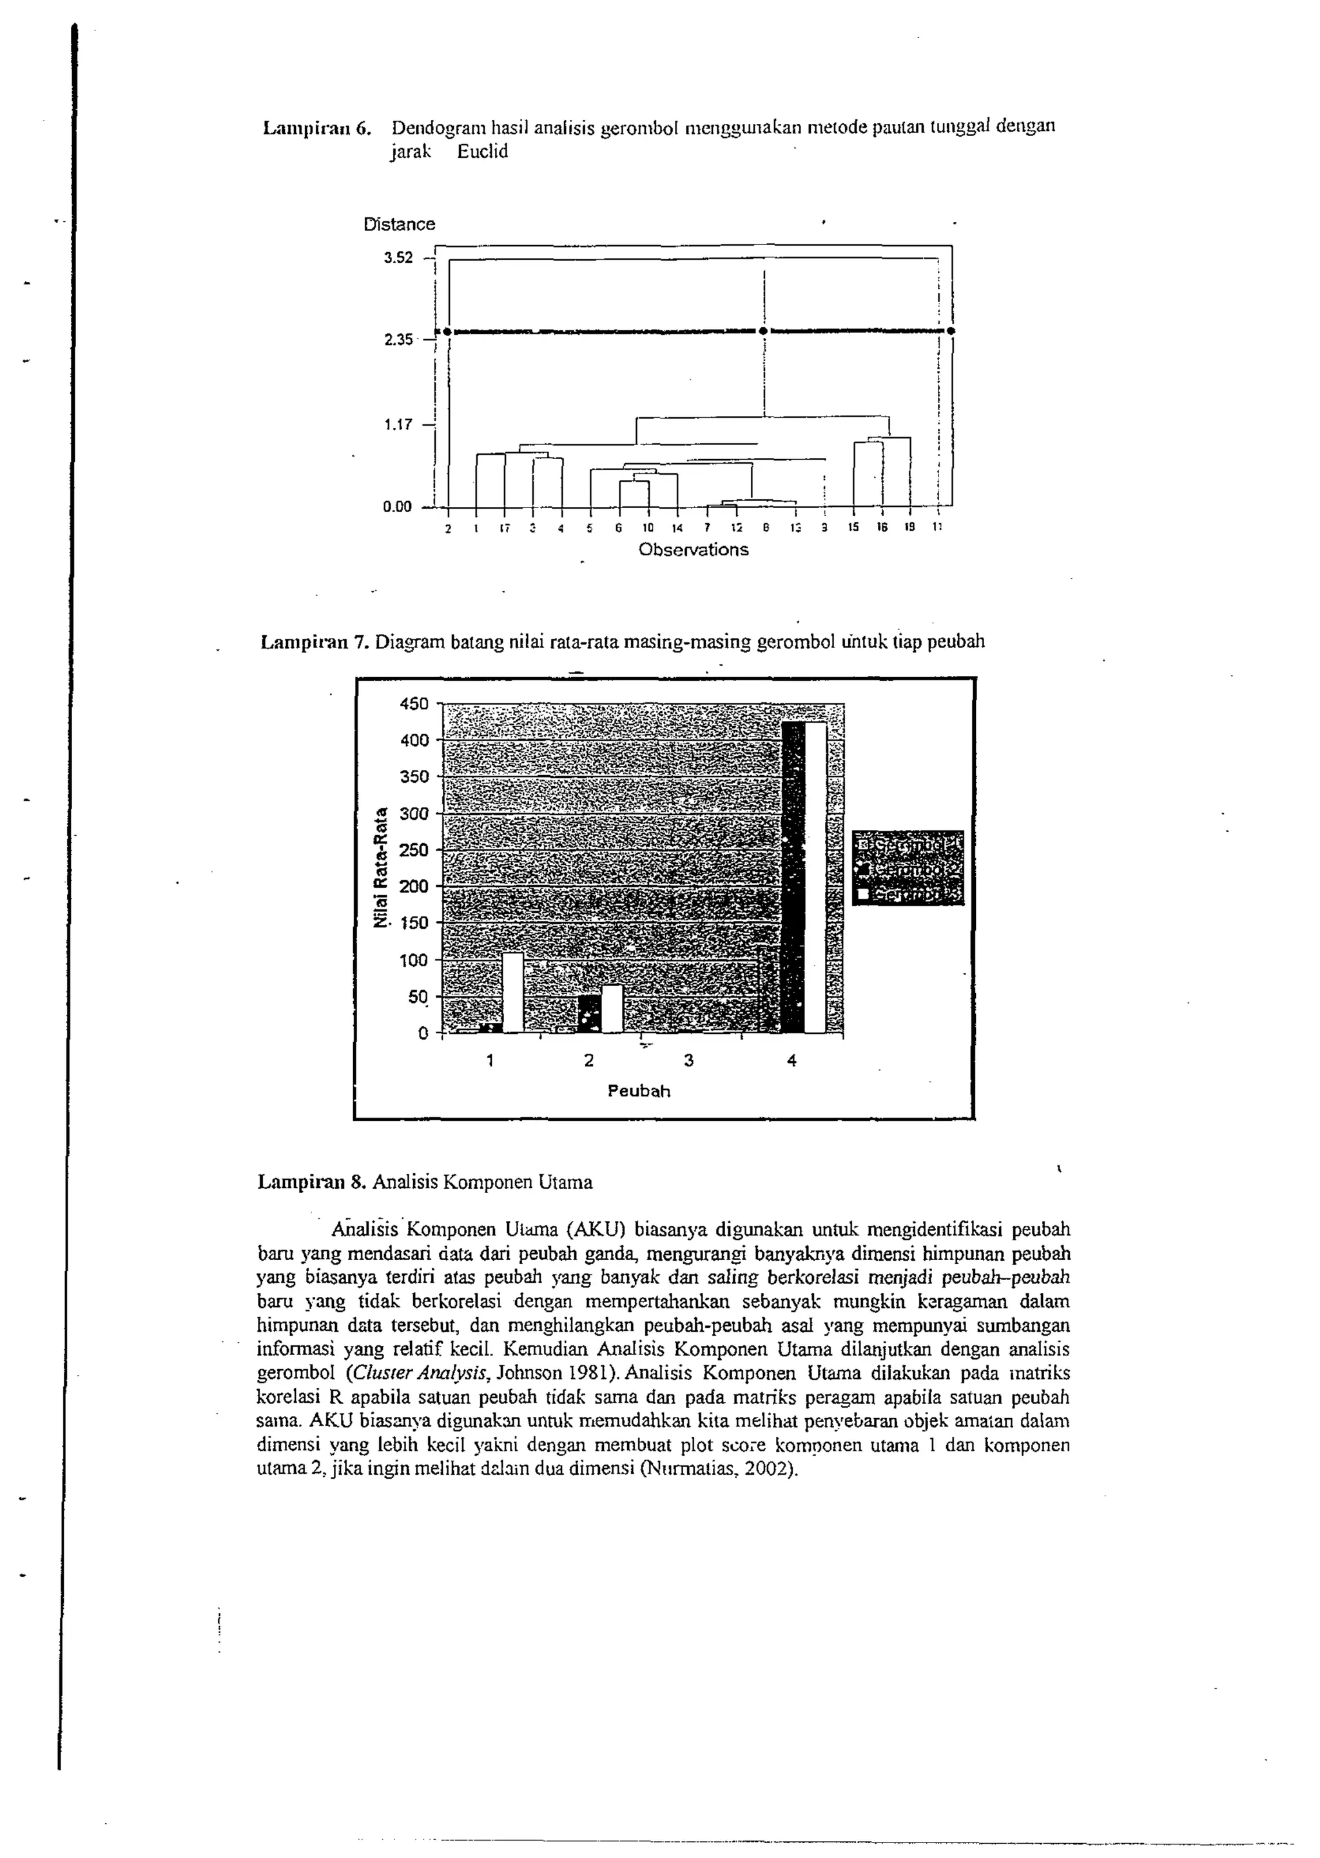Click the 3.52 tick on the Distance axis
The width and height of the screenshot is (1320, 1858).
coord(398,258)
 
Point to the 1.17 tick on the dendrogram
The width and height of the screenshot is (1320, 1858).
coord(398,424)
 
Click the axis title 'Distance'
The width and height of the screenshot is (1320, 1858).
coord(399,224)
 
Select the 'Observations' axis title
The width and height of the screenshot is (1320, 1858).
coord(694,549)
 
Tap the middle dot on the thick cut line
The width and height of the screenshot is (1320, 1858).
coord(762,331)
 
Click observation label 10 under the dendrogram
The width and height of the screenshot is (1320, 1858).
coord(648,528)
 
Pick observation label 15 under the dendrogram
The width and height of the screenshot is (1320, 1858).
coord(853,528)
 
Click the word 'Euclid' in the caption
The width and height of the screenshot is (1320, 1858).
coord(482,152)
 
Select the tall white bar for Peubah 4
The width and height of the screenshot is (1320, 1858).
coord(815,876)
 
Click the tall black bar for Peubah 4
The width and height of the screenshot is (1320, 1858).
coord(793,876)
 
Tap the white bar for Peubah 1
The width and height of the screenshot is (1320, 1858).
coord(513,992)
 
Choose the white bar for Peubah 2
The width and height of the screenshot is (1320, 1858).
coord(612,1008)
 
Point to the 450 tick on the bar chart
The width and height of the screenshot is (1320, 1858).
coord(414,704)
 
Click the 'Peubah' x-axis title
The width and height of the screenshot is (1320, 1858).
coord(639,1091)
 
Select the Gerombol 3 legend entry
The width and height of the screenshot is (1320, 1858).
coord(909,894)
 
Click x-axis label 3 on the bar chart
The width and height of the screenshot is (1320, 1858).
coord(688,1060)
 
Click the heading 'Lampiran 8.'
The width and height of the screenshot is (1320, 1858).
coord(311,1182)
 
